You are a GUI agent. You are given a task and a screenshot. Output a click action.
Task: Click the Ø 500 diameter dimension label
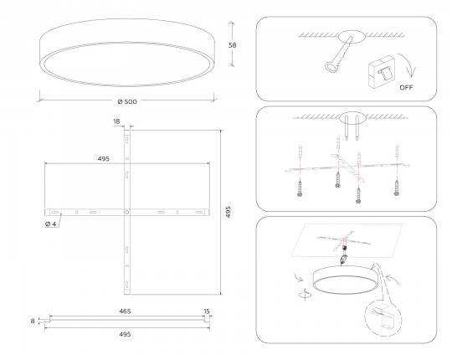pos(127,101)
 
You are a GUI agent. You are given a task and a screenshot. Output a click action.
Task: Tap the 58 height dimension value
pos(233,45)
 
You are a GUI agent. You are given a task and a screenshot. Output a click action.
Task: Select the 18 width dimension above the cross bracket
pos(116,121)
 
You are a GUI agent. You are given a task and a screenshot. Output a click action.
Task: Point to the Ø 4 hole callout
pos(51,224)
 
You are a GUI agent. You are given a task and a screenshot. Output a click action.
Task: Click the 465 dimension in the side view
pos(125,311)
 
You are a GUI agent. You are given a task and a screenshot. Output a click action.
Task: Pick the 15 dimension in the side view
pos(207,311)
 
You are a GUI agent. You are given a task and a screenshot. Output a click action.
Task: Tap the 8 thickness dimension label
pos(33,321)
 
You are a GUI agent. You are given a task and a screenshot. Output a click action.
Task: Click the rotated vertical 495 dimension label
pos(228,212)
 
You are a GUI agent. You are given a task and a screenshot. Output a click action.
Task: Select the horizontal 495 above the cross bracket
pos(104,159)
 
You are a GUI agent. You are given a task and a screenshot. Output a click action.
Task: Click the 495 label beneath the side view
pos(125,334)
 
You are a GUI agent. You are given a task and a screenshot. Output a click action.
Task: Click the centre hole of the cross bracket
pos(127,213)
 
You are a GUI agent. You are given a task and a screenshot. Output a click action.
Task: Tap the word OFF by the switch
pos(406,87)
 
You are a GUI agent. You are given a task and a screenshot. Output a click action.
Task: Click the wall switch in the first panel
pos(382,71)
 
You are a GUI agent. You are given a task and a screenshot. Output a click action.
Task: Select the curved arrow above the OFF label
pos(408,65)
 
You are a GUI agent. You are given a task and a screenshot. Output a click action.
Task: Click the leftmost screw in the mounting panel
pos(300,188)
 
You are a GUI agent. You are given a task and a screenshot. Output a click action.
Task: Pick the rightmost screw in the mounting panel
pos(397,188)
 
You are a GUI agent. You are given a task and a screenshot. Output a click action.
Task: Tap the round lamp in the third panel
pos(342,280)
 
